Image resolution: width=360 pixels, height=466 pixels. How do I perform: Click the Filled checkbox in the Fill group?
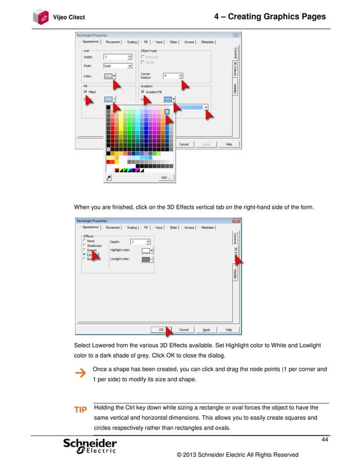tap(85, 91)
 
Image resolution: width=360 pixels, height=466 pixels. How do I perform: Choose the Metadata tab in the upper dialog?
tap(207, 41)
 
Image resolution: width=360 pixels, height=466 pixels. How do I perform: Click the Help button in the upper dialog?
tap(229, 144)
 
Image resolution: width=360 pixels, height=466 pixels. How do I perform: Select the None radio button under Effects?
tap(85, 241)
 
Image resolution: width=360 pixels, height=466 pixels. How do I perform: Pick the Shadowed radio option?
tap(85, 245)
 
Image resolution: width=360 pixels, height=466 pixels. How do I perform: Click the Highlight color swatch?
tap(146, 250)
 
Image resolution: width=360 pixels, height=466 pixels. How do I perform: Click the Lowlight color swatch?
tap(146, 259)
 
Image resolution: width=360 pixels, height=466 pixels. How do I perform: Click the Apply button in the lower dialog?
tap(206, 329)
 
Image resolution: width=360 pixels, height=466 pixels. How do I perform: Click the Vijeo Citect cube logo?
tap(41, 16)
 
